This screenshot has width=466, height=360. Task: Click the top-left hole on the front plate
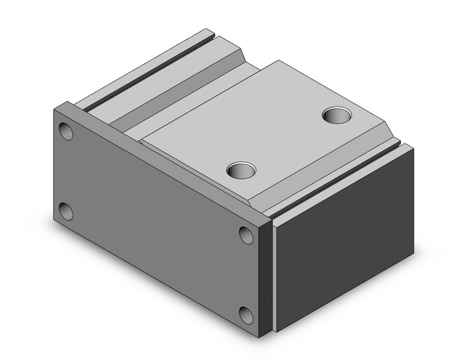(x=66, y=132)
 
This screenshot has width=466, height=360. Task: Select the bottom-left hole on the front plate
(x=66, y=212)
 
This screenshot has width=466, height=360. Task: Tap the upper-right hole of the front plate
(x=246, y=235)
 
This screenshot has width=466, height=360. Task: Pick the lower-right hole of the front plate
(x=246, y=315)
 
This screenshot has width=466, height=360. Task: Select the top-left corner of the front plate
(x=55, y=108)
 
